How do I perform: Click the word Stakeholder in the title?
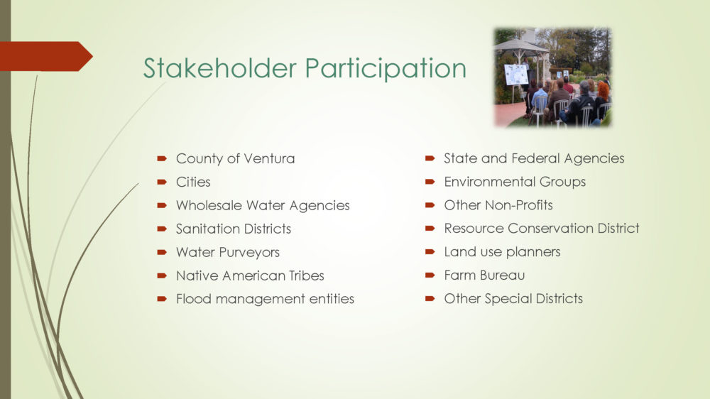[x=219, y=68]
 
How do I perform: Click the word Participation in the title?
[x=386, y=69]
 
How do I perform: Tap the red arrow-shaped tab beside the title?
[x=45, y=56]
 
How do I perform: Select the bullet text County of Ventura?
[x=235, y=158]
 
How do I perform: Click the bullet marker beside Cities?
[x=162, y=182]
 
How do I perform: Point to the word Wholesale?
[x=209, y=205]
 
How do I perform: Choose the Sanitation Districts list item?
[x=233, y=229]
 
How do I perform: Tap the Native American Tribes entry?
[x=250, y=275]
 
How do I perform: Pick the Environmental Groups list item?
[x=515, y=182]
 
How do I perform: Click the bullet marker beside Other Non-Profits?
[x=430, y=205]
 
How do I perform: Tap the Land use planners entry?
[x=502, y=252]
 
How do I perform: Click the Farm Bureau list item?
[x=484, y=275]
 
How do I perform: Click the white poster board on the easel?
[x=516, y=75]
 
